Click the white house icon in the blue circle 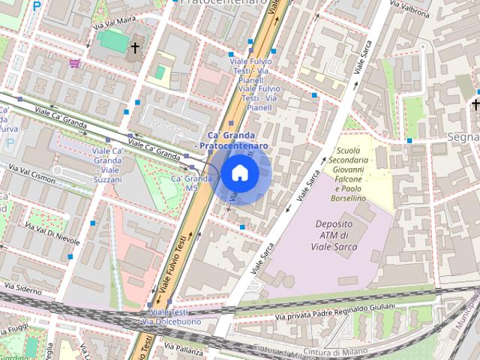pos(239,173)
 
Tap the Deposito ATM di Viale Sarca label pos(334,235)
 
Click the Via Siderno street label pos(23,287)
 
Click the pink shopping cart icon pos(74,64)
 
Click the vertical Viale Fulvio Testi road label pos(173,262)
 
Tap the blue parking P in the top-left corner pos(36,7)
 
